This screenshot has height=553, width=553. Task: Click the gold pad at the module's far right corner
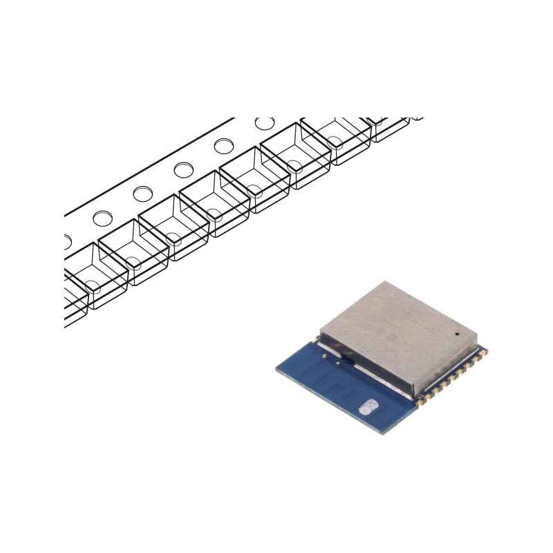(485, 353)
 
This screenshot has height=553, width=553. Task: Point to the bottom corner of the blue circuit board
(384, 432)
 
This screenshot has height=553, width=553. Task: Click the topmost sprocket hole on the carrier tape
(263, 123)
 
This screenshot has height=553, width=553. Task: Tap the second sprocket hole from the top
(223, 146)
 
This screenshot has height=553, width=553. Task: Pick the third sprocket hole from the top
(183, 169)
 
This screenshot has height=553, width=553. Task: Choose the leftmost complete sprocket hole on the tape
(102, 218)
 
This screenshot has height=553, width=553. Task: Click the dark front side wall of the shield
(373, 363)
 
